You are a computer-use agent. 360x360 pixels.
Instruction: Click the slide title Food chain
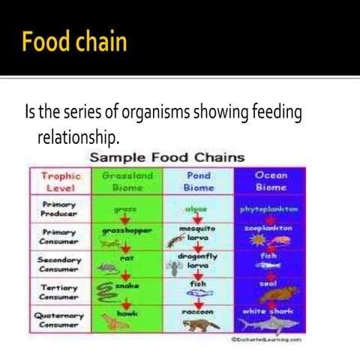[x=74, y=41]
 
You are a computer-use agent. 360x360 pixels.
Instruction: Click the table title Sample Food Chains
[x=166, y=157]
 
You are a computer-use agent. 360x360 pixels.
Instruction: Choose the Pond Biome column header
[x=198, y=181]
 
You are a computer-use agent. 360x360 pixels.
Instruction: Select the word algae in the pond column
[x=198, y=209]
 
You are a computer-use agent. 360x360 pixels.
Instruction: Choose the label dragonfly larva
[x=198, y=260]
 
